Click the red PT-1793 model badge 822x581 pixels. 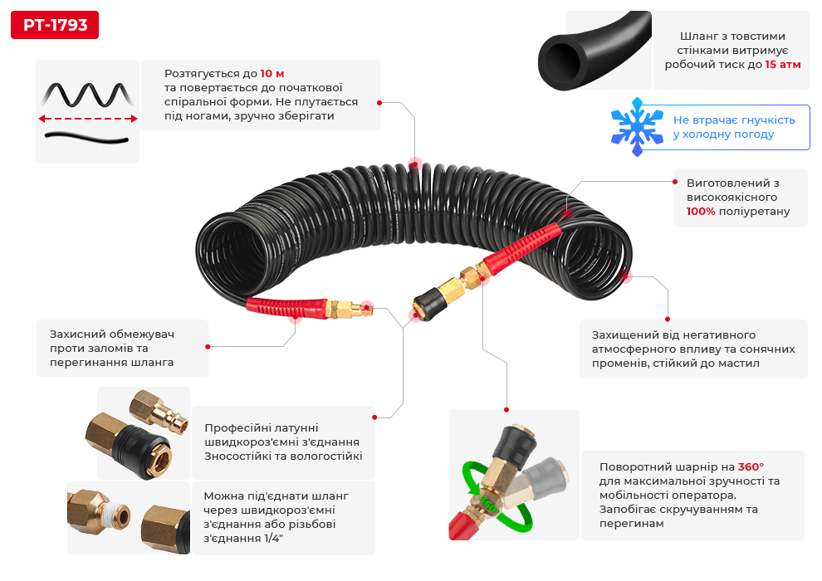click(55, 25)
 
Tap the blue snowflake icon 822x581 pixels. click(637, 126)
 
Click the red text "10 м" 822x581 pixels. click(272, 74)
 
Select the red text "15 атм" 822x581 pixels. click(783, 64)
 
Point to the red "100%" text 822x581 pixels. click(701, 212)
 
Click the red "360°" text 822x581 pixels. click(751, 466)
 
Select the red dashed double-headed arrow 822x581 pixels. click(87, 119)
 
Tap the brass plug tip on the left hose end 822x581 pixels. click(362, 310)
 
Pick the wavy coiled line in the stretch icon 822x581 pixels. click(87, 94)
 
